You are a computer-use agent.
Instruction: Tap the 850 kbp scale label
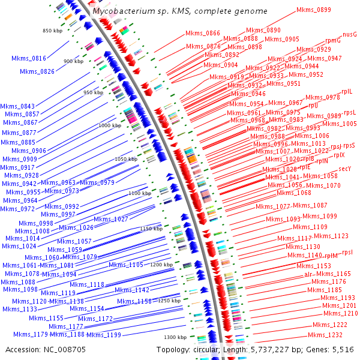pyautogui.click(x=53, y=31)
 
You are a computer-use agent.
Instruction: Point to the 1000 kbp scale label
pyautogui.click(x=109, y=125)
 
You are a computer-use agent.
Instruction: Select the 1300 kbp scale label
pyautogui.click(x=176, y=337)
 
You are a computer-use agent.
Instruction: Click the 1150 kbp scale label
pyautogui.click(x=151, y=229)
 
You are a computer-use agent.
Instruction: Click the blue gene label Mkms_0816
pyautogui.click(x=29, y=58)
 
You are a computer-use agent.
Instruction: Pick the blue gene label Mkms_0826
pyautogui.click(x=37, y=71)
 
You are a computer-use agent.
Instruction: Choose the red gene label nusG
pyautogui.click(x=350, y=35)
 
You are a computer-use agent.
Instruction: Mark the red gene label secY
pyautogui.click(x=344, y=170)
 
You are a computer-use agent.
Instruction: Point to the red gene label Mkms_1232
pyautogui.click(x=325, y=335)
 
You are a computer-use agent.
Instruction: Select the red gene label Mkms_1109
pyautogui.click(x=310, y=227)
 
